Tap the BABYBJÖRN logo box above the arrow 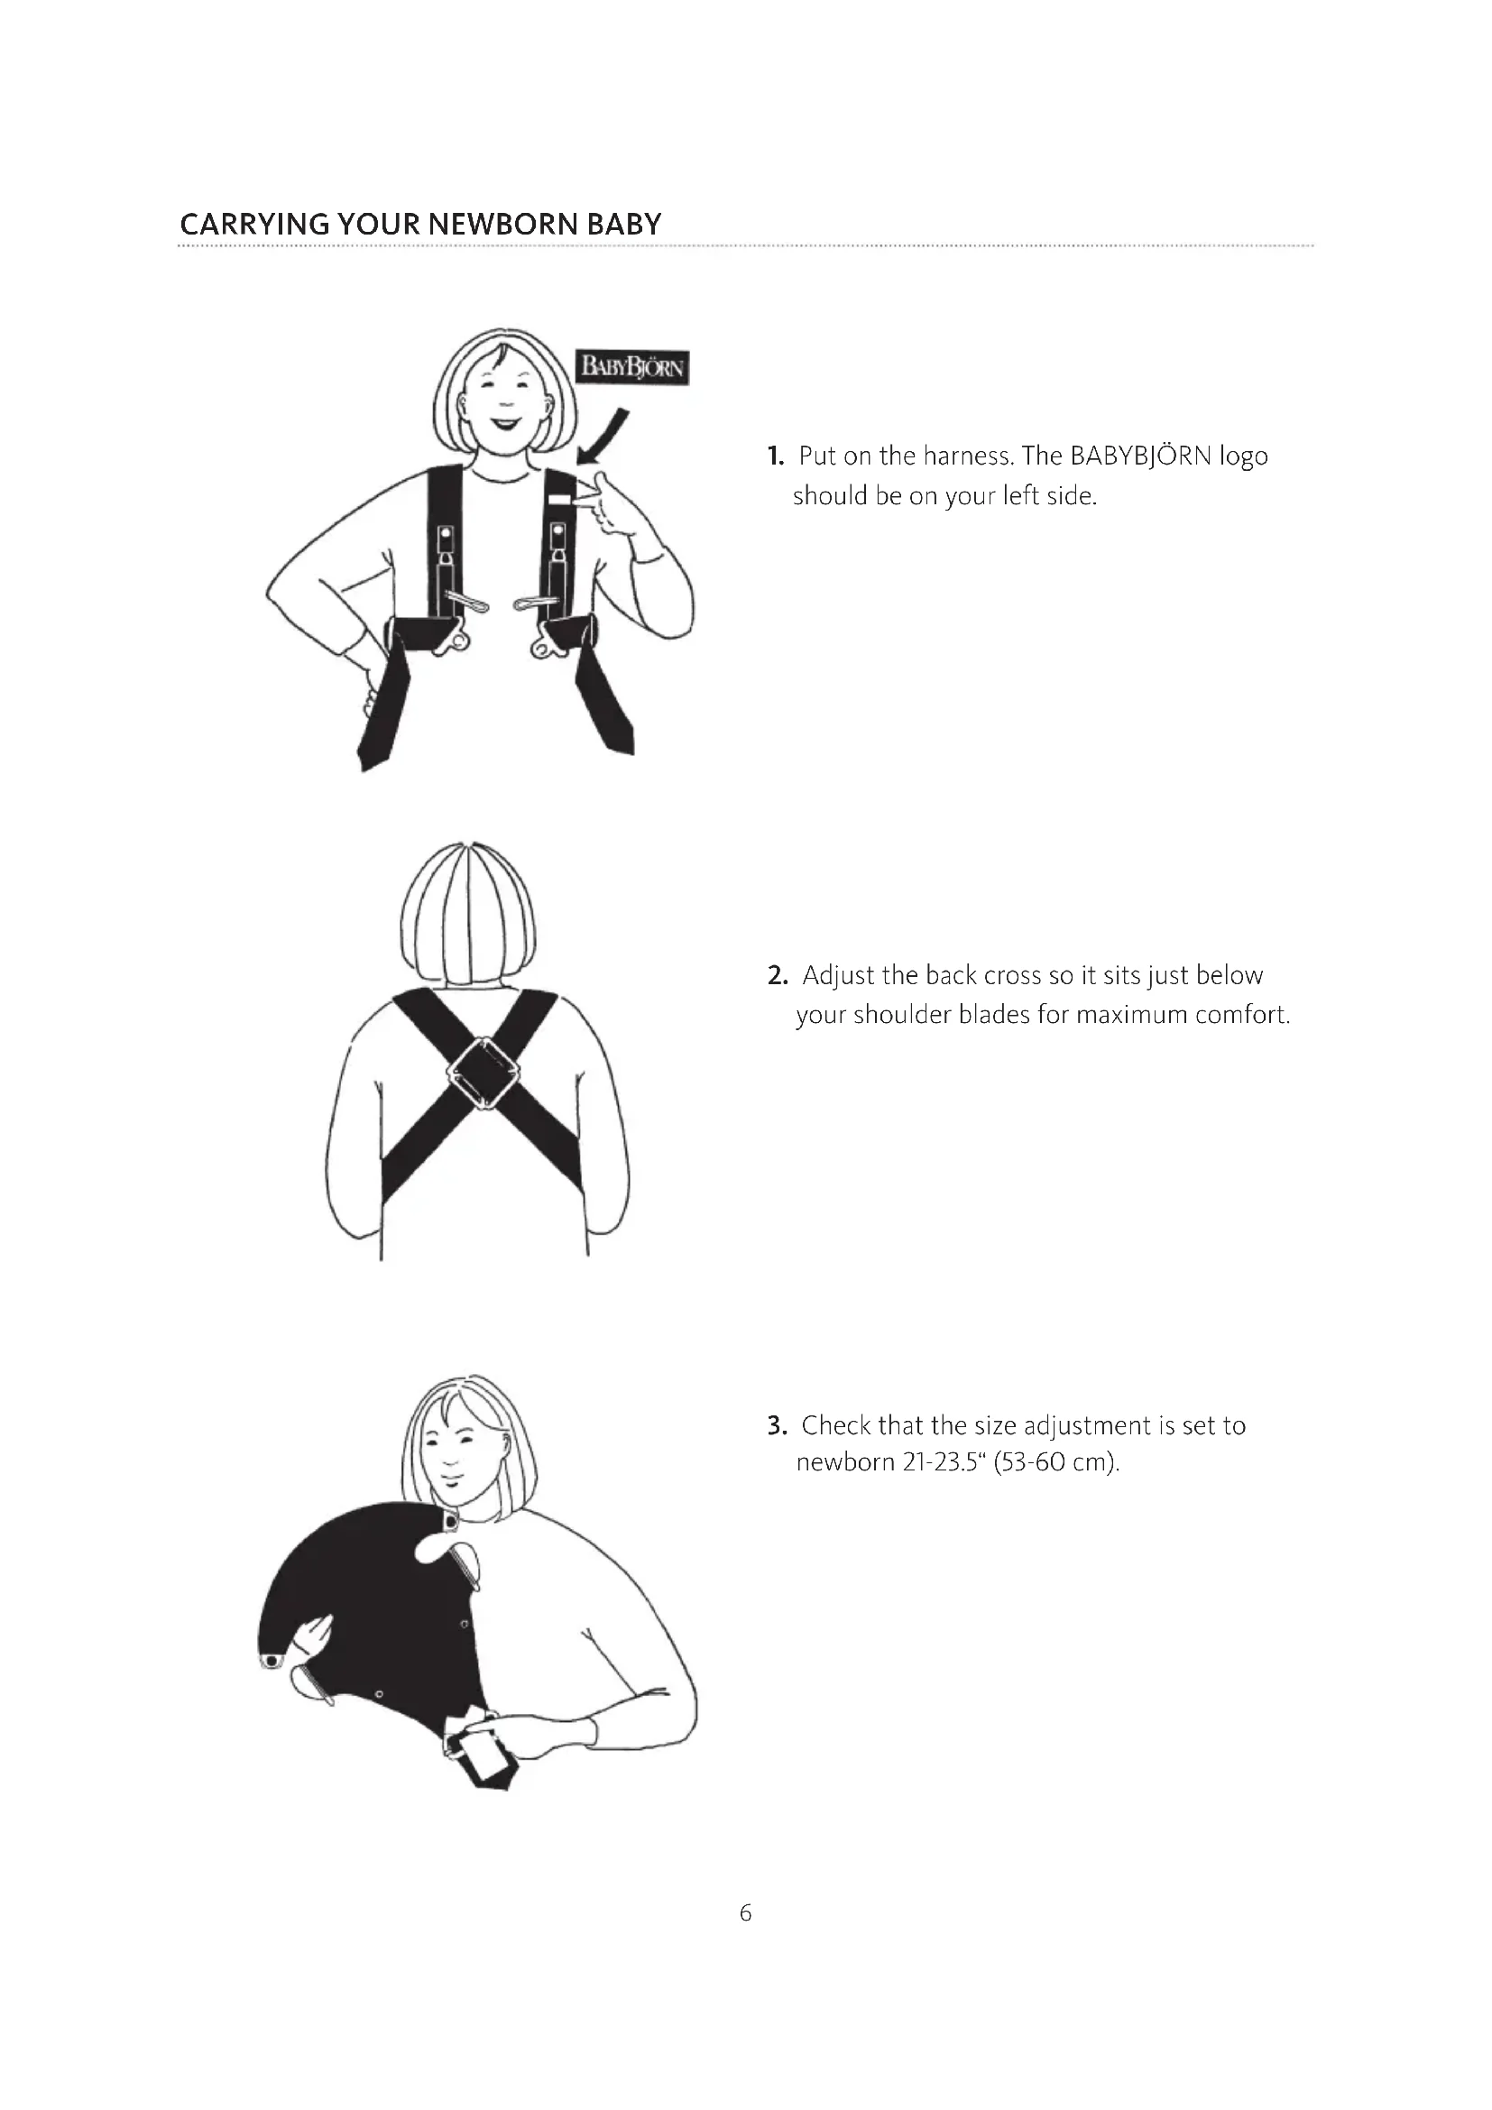pyautogui.click(x=632, y=367)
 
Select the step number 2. pyautogui.click(x=778, y=975)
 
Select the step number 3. pyautogui.click(x=778, y=1425)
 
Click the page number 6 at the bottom pyautogui.click(x=745, y=1913)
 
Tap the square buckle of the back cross pyautogui.click(x=483, y=1073)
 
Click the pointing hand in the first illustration pyautogui.click(x=614, y=503)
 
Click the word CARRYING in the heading pyautogui.click(x=254, y=225)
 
